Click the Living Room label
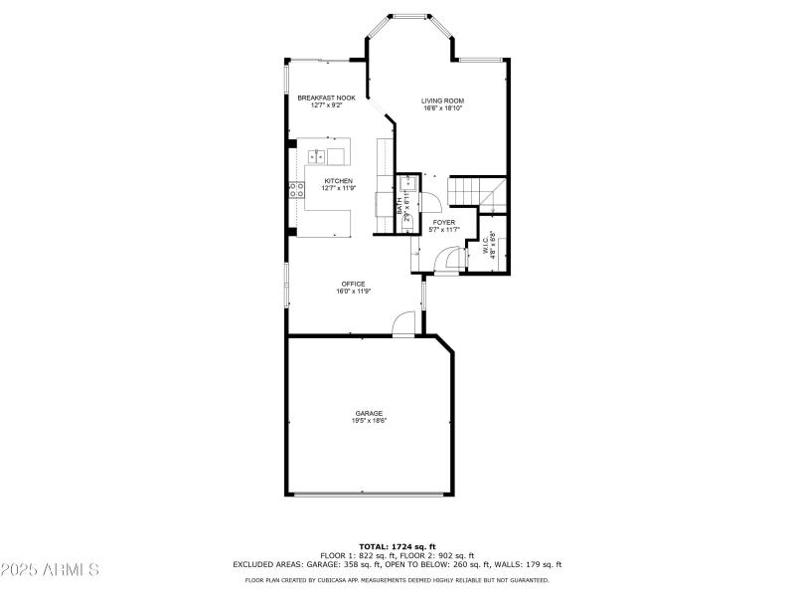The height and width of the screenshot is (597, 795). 442,100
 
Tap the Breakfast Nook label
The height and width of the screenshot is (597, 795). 326,98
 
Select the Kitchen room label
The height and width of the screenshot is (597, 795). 338,180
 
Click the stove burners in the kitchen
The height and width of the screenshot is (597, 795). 295,191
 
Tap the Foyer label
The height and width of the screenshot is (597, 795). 443,222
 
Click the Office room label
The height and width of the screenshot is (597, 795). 353,284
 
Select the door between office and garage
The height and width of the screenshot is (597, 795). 403,324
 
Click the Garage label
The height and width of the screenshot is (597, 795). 369,413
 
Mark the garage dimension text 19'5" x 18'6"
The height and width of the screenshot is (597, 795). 369,421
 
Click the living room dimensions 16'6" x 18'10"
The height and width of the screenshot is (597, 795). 442,108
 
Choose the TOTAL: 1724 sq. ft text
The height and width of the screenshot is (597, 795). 397,547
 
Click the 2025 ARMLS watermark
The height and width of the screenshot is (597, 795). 50,570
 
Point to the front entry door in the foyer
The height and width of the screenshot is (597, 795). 452,260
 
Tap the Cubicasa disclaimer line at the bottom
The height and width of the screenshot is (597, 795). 397,579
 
